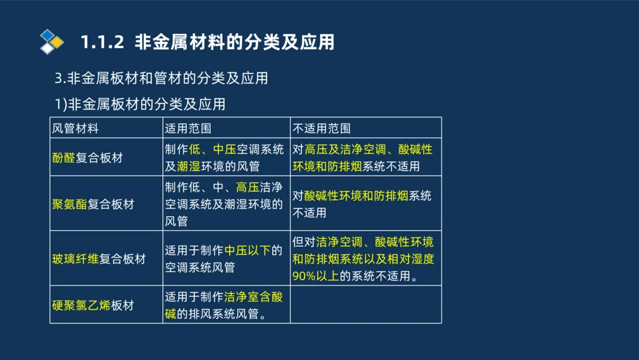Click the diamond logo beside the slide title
[52, 42]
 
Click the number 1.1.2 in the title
[102, 42]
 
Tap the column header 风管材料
[75, 128]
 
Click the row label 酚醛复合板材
[88, 158]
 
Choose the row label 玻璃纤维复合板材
[99, 259]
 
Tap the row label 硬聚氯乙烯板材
[93, 305]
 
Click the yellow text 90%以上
[316, 276]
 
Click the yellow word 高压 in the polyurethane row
[247, 188]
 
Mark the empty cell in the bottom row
[366, 305]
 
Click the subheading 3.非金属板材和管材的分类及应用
[161, 79]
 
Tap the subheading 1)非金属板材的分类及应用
[140, 104]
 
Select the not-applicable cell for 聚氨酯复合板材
[366, 204]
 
